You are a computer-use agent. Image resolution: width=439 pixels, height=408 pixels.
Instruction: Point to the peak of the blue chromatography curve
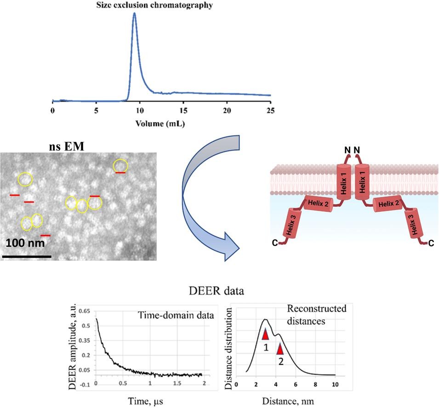pos(134,13)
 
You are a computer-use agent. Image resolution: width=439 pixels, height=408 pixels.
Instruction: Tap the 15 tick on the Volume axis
pos(183,111)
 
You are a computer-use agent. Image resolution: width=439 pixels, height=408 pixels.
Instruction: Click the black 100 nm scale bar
pos(26,256)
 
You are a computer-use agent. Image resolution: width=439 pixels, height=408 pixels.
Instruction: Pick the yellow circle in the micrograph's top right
pos(120,165)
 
